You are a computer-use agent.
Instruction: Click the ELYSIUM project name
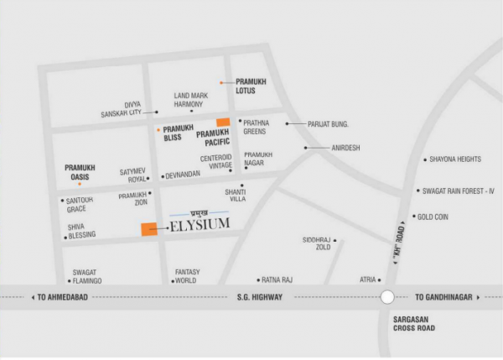click(200, 225)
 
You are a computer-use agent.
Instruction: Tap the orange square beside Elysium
click(148, 229)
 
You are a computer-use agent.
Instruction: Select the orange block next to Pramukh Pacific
click(223, 123)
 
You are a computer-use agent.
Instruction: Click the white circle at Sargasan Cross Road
click(387, 296)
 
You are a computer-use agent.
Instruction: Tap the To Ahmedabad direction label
click(66, 297)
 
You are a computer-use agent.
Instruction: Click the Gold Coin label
click(433, 216)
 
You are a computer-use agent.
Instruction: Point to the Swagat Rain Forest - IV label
click(460, 191)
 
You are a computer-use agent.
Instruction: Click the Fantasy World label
click(186, 276)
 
